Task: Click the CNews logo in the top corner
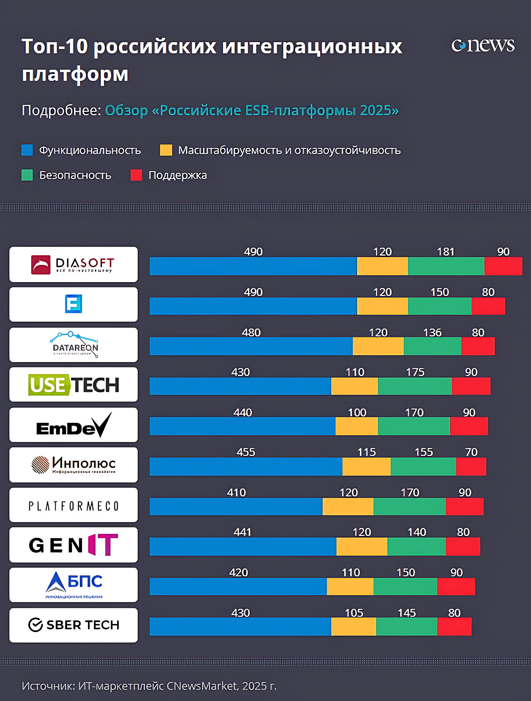click(x=483, y=45)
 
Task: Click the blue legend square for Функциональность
click(x=27, y=150)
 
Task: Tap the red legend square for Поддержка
click(x=136, y=175)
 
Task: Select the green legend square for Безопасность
click(x=27, y=175)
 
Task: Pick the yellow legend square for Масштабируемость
click(x=166, y=150)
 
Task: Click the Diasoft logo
click(x=73, y=264)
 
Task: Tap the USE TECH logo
click(x=73, y=385)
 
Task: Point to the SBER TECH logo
click(x=73, y=625)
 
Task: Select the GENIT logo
click(x=73, y=545)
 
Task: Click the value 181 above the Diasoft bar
click(x=445, y=252)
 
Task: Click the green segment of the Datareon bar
click(x=432, y=346)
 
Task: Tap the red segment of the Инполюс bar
click(x=471, y=467)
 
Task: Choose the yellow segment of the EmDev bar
click(x=356, y=426)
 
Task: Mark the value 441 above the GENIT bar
click(x=242, y=532)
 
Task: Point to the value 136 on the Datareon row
click(x=432, y=332)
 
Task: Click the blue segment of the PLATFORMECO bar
click(x=236, y=506)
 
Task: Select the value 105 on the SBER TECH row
click(x=354, y=612)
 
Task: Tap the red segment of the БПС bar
click(x=456, y=587)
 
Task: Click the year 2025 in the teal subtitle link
click(x=376, y=110)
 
